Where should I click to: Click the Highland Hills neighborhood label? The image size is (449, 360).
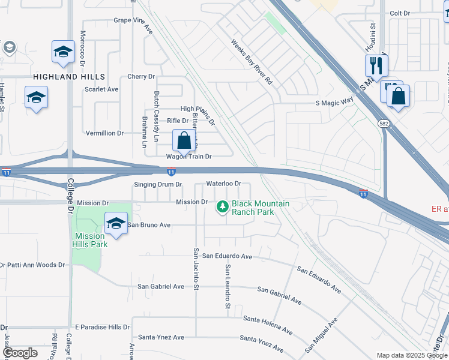69,77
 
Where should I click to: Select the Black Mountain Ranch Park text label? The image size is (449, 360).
261,208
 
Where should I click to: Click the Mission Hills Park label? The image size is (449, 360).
91,240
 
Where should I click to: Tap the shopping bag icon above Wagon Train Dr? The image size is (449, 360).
184,141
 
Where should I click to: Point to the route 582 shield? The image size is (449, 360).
383,123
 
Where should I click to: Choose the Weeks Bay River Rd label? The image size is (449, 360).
252,62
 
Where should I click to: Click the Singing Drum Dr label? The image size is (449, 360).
158,184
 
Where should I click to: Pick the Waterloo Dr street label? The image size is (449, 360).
223,183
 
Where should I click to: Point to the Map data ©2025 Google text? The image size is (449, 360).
412,355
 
